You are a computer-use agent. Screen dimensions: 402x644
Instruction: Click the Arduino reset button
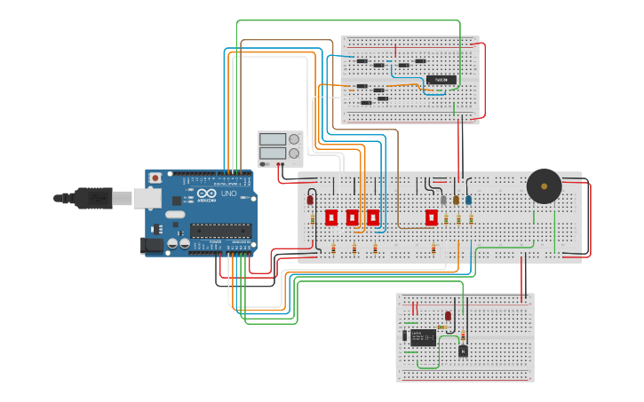pyautogui.click(x=156, y=178)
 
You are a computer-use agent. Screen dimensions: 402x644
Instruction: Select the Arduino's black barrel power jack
pyautogui.click(x=153, y=244)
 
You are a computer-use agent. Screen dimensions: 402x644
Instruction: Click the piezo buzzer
pyautogui.click(x=544, y=186)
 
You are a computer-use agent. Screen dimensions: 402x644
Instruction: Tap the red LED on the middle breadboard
pyautogui.click(x=310, y=200)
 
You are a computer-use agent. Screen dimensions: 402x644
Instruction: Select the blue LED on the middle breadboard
pyautogui.click(x=468, y=200)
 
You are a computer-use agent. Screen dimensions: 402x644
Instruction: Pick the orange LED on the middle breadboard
pyautogui.click(x=456, y=200)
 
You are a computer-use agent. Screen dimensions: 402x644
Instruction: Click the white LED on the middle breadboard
pyautogui.click(x=444, y=200)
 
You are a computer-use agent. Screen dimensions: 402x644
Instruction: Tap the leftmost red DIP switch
pyautogui.click(x=331, y=217)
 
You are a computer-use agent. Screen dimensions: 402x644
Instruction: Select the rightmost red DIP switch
pyautogui.click(x=432, y=217)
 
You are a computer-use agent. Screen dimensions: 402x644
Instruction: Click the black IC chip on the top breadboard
pyautogui.click(x=441, y=80)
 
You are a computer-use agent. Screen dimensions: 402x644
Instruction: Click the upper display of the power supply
pyautogui.click(x=273, y=139)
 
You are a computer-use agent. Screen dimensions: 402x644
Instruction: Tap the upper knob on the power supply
pyautogui.click(x=294, y=139)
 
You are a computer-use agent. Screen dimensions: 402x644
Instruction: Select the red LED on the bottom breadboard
pyautogui.click(x=448, y=316)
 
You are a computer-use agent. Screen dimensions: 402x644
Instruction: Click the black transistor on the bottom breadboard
pyautogui.click(x=463, y=351)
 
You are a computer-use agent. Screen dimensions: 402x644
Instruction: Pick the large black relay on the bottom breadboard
pyautogui.click(x=423, y=336)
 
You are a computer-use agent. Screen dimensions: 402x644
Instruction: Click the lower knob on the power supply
pyautogui.click(x=294, y=154)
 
